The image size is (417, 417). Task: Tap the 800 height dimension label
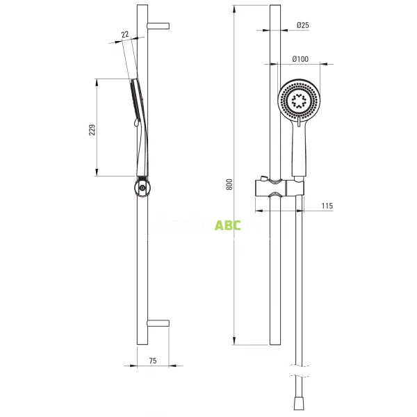point(229,183)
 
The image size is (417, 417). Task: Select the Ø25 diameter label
point(302,25)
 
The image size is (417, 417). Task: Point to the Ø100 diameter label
point(300,59)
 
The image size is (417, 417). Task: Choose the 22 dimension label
point(124,35)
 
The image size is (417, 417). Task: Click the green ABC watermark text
point(228,225)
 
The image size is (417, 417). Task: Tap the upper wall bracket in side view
point(159,26)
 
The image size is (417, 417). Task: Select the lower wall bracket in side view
point(159,323)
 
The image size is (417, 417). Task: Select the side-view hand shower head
point(133,104)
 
